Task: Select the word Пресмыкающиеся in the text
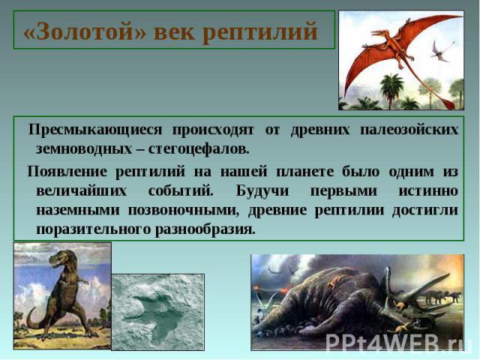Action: pyautogui.click(x=95, y=130)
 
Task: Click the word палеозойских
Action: pyautogui.click(x=409, y=130)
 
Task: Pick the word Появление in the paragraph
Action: pyautogui.click(x=67, y=171)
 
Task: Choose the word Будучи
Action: pyautogui.click(x=262, y=191)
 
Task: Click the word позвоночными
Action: pyautogui.click(x=183, y=211)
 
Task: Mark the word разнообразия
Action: pyautogui.click(x=205, y=229)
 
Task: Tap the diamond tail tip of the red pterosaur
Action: pyautogui.click(x=449, y=103)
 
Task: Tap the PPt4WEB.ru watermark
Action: pyautogui.click(x=395, y=342)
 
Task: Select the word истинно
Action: pyautogui.click(x=428, y=191)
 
